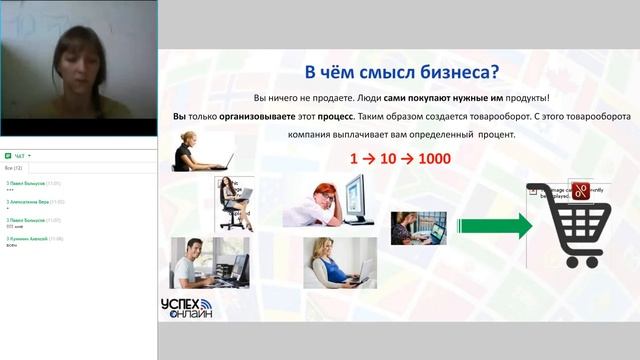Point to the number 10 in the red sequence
tap(389, 159)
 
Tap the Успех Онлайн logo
tap(186, 308)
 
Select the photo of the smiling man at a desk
tap(209, 263)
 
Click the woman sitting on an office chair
tap(232, 202)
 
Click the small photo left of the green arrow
tap(418, 227)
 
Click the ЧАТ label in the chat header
tap(20, 156)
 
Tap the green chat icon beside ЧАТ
tap(8, 156)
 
